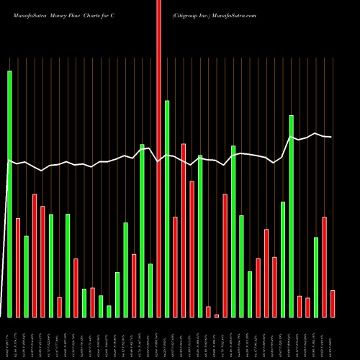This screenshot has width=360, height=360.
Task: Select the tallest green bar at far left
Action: click(x=9, y=194)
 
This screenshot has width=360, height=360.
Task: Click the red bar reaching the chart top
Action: click(x=158, y=158)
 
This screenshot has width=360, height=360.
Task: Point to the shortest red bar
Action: click(x=217, y=315)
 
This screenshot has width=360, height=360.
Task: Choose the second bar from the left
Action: click(x=18, y=267)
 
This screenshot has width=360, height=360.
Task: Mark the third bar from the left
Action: click(x=26, y=276)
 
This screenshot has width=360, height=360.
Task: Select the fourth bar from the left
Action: click(x=35, y=256)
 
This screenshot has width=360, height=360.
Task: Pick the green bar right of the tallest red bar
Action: click(x=167, y=209)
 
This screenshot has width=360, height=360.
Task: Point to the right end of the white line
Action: click(x=332, y=137)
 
